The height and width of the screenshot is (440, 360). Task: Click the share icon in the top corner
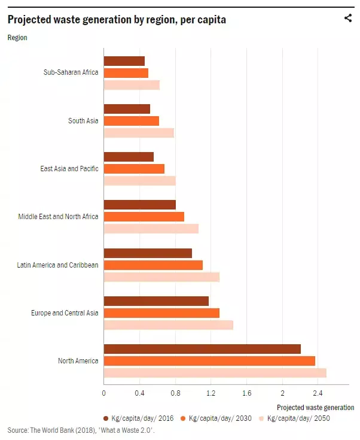click(348, 18)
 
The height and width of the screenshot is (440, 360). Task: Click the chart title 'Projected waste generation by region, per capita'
click(117, 19)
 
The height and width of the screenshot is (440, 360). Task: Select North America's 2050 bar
click(215, 372)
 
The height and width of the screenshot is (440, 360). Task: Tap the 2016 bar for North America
click(202, 348)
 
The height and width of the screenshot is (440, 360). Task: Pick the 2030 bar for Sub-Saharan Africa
click(126, 73)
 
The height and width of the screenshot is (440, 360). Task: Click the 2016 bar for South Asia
click(127, 109)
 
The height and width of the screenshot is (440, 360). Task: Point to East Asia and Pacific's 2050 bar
click(140, 181)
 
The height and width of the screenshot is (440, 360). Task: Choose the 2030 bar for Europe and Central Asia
click(161, 312)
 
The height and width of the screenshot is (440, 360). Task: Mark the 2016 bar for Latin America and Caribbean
click(148, 253)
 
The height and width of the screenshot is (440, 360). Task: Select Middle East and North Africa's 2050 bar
click(151, 229)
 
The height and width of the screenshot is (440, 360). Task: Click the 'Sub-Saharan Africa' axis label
click(71, 73)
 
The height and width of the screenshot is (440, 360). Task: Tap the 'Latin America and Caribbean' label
click(57, 265)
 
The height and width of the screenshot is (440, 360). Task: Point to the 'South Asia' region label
click(83, 121)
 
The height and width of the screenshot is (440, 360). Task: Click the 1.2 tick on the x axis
click(211, 393)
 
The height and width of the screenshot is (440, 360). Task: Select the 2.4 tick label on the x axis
click(319, 393)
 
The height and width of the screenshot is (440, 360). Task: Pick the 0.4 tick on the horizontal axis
click(139, 393)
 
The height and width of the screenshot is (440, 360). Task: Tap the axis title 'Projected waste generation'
click(315, 407)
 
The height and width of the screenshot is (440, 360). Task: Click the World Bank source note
click(81, 430)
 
